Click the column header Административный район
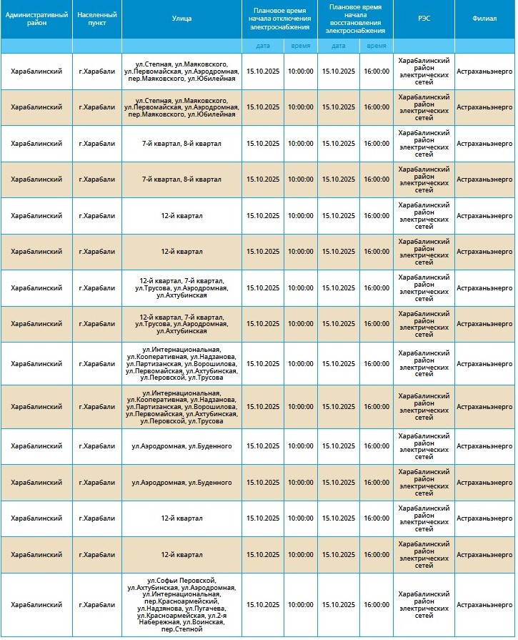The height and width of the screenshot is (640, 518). coord(36,19)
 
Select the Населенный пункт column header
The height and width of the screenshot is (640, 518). coord(96,19)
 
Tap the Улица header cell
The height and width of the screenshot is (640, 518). coord(182,19)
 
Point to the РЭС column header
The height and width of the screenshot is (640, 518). coord(424,19)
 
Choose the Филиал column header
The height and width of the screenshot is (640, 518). coord(485,19)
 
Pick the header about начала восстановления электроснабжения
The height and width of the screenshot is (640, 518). coord(355,19)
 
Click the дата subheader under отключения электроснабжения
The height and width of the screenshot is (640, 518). coord(263,46)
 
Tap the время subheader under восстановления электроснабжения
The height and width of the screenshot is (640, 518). coord(377,46)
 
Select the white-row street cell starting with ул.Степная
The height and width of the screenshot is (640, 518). coord(181,71)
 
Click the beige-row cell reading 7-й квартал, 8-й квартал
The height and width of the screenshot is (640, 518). coord(181,179)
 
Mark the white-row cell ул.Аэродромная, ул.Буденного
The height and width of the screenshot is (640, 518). coord(181,446)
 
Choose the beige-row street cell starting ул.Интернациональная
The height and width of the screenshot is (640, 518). coord(181,407)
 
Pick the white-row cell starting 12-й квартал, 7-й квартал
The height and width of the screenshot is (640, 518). coord(181,288)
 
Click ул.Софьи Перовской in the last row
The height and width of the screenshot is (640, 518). coord(181,580)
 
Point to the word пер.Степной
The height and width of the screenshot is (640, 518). coord(181,629)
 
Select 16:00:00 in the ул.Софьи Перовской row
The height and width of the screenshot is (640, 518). coord(377,605)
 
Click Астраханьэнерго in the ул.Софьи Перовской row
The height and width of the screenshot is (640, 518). coord(485,605)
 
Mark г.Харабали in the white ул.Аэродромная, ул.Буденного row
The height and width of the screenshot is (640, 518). coord(96,446)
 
